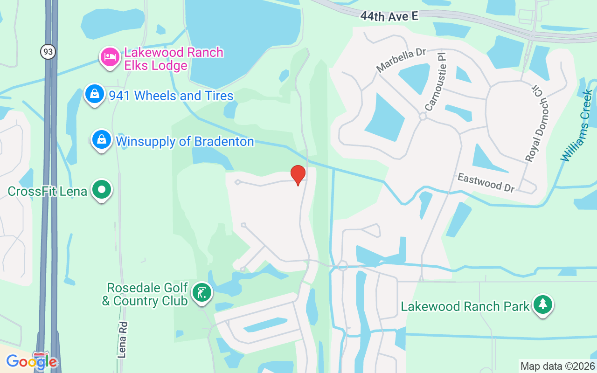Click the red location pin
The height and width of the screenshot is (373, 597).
click(x=298, y=175)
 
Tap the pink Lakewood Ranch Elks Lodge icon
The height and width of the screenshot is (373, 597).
click(x=110, y=57)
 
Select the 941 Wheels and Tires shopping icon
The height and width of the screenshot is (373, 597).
click(x=95, y=94)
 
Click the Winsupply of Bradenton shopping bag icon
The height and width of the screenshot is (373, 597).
click(x=102, y=139)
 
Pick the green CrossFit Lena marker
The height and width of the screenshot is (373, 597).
click(x=102, y=190)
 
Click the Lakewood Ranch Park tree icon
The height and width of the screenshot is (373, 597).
click(x=542, y=304)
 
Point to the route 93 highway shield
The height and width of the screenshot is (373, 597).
click(x=48, y=52)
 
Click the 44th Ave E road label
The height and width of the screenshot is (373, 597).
click(x=389, y=16)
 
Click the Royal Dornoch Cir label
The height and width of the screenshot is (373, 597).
click(x=538, y=124)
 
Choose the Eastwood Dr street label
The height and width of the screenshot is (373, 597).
click(x=486, y=182)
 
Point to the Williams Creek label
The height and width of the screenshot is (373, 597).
click(x=577, y=126)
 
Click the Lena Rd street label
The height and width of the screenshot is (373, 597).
click(x=123, y=339)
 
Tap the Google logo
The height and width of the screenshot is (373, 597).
click(x=31, y=361)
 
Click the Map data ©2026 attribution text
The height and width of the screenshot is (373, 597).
click(x=557, y=366)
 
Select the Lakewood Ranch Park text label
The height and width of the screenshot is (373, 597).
click(x=465, y=306)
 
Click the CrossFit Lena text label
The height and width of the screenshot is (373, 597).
click(x=48, y=191)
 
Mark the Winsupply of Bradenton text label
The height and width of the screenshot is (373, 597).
click(x=185, y=141)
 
